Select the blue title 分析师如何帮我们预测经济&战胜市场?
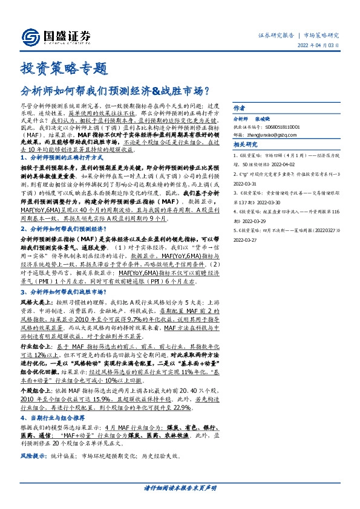click(115, 92)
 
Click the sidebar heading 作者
click(239, 119)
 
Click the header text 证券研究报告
click(277, 36)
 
